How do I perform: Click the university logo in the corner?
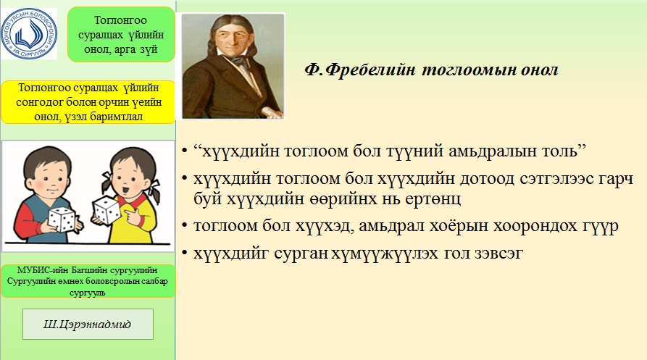coord(28,33)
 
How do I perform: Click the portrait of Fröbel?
coord(233,66)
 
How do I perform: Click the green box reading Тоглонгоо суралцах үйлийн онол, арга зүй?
coord(121,35)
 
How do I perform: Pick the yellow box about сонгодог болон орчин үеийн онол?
coord(88,102)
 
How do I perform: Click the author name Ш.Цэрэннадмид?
coord(88,324)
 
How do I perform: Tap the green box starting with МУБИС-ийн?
coord(88,282)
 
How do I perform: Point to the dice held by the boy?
coord(62,219)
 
